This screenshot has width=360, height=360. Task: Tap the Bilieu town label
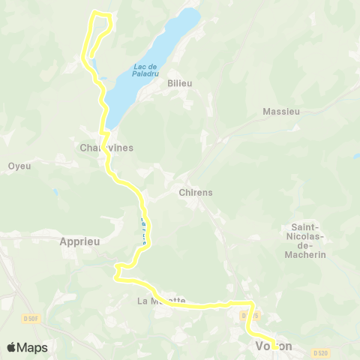tap(181, 83)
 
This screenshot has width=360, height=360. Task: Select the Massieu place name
tap(281, 111)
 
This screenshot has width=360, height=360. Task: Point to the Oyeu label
tap(19, 166)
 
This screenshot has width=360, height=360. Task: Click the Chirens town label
tap(196, 192)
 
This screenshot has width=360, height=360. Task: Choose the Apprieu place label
tap(79, 241)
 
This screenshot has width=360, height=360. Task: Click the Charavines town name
tap(106, 148)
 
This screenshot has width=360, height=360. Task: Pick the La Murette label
tap(161, 301)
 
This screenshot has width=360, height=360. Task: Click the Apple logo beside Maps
tap(12, 347)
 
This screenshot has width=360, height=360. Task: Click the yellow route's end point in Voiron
tap(275, 346)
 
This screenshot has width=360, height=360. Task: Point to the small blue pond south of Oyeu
tap(55, 193)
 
